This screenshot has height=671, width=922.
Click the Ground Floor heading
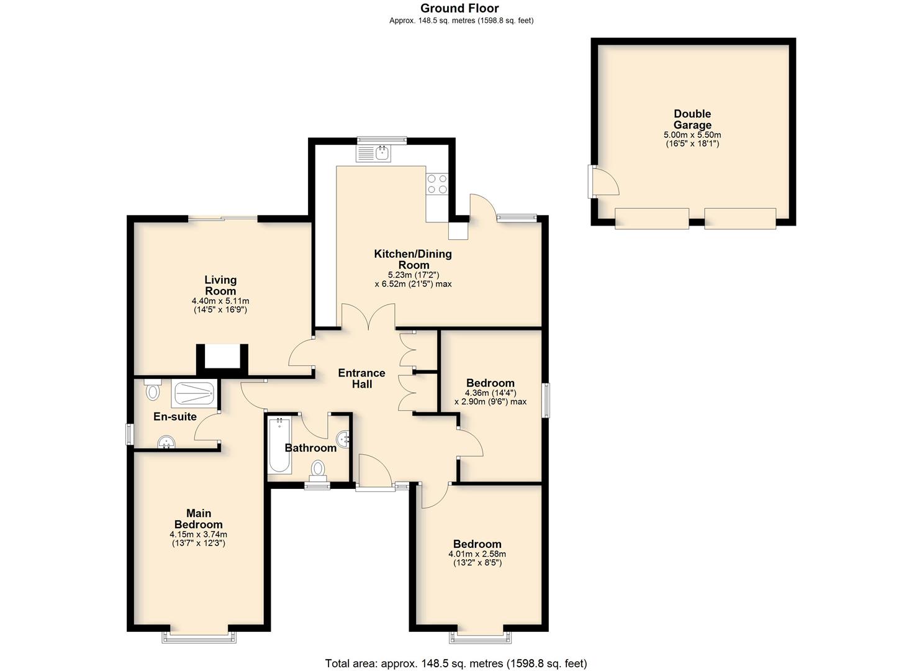pos(459,8)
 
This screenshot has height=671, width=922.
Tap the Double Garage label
pos(692,119)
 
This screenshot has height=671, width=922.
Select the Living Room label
pos(220,285)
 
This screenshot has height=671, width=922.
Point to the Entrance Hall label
pos(361,378)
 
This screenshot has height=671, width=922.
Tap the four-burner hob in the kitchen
pos(436,184)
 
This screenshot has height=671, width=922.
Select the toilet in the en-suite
pos(152,389)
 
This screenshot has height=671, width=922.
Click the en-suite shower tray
pos(194,394)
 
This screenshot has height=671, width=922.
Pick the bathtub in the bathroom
pos(280,444)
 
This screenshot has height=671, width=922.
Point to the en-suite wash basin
pos(166,442)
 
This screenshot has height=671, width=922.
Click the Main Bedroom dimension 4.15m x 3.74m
pos(199,534)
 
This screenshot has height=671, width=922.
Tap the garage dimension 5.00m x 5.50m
pos(692,135)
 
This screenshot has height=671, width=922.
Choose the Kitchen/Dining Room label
pos(413,259)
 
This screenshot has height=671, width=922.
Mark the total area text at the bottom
pos(456,663)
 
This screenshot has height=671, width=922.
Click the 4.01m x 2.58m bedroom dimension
pos(477,554)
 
